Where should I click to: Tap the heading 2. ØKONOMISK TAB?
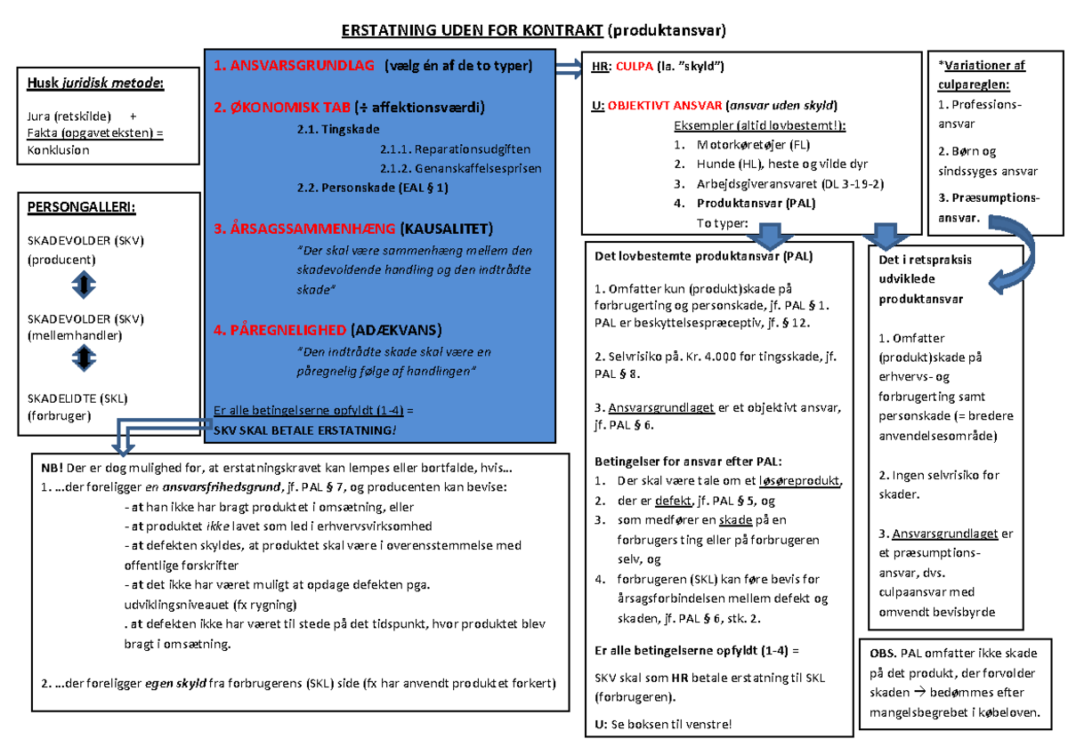[283, 108]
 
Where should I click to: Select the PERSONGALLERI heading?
[83, 208]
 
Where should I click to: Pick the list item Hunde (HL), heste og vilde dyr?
[769, 165]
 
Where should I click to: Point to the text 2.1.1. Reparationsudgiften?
[455, 149]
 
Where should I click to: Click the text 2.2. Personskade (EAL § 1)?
[373, 188]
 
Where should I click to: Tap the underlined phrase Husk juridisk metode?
[96, 84]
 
